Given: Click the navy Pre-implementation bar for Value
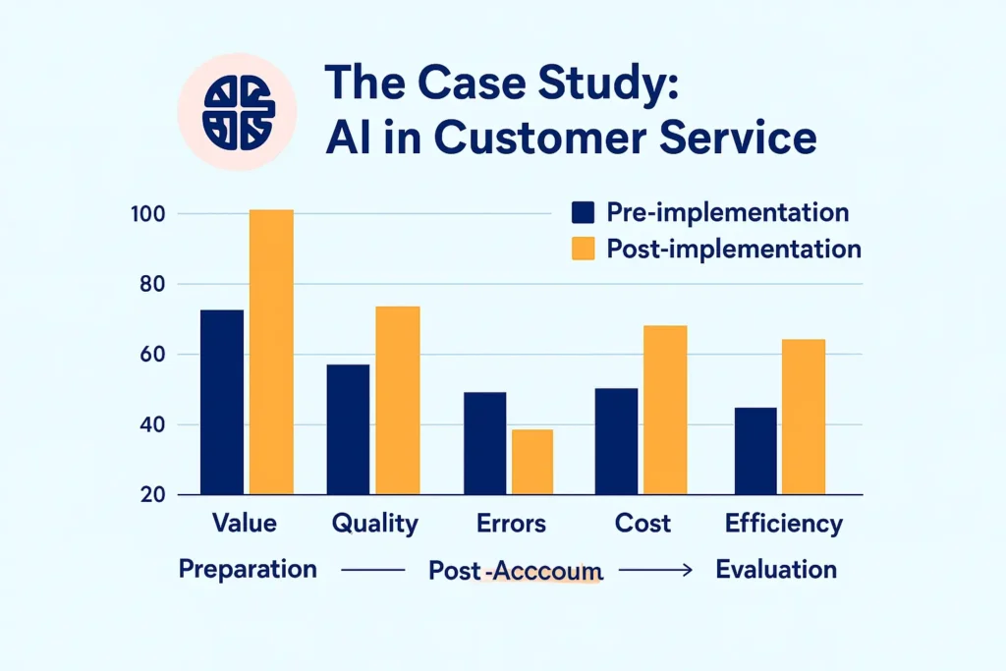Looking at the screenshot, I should coord(222,402).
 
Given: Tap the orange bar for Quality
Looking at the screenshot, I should coord(398,400).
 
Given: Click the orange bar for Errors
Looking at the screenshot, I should coord(531,461).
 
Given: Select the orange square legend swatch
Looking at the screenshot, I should coord(584,249).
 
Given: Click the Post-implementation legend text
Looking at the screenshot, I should coord(734,249).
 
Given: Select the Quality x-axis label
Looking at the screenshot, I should coord(375,523).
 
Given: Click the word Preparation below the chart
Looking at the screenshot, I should coord(248,569).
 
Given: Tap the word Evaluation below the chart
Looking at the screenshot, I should coord(776,569).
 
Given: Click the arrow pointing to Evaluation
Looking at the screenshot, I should coord(659,570).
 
